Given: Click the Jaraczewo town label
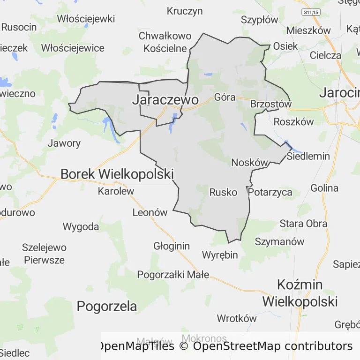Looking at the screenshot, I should click(x=165, y=100).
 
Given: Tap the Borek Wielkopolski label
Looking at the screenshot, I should click(x=117, y=174).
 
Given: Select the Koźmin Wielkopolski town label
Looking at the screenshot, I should click(x=300, y=293).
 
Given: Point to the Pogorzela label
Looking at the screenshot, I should click(x=107, y=307).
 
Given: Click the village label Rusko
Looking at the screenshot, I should click(x=223, y=192).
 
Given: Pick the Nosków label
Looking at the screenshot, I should click(x=250, y=163).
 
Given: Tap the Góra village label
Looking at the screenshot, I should click(x=224, y=97).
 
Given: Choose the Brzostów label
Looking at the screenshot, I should click(x=271, y=104).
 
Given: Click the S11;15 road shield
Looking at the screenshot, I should click(x=311, y=12).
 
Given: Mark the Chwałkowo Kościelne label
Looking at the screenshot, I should click(x=165, y=42).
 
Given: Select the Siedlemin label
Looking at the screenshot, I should click(x=308, y=156).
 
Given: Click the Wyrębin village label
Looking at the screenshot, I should click(x=220, y=255).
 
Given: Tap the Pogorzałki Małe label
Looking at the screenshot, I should click(x=173, y=275).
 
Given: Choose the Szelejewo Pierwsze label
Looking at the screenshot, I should click(x=45, y=254).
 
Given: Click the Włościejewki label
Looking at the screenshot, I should click(x=86, y=19).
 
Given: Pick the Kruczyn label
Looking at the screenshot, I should click(x=185, y=11).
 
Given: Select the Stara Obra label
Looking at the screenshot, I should click(x=303, y=223).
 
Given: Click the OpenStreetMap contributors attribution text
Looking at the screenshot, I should click(x=272, y=346).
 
